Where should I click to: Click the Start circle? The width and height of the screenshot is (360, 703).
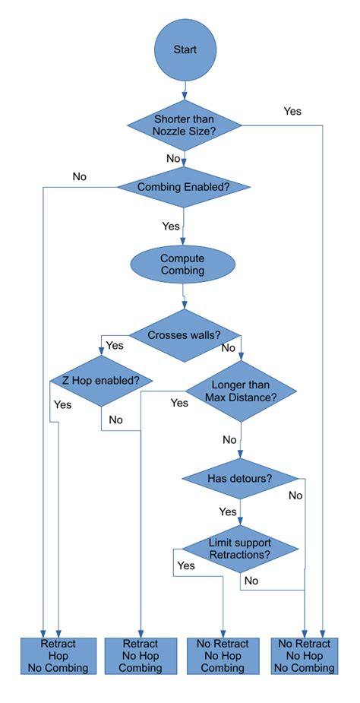pyautogui.click(x=185, y=49)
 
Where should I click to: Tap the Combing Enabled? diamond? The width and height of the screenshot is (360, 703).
pyautogui.click(x=185, y=186)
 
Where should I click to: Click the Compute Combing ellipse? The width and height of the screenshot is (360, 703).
pyautogui.click(x=184, y=264)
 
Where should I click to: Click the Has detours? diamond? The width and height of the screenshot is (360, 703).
pyautogui.click(x=240, y=478)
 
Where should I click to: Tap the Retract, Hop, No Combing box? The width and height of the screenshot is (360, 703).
pyautogui.click(x=59, y=656)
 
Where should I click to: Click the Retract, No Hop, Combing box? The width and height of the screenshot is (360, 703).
pyautogui.click(x=141, y=656)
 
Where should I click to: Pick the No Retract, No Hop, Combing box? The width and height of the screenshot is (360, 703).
pyautogui.click(x=223, y=656)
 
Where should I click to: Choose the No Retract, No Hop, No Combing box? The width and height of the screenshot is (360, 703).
pyautogui.click(x=305, y=656)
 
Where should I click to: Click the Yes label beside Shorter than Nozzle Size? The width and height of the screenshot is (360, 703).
pyautogui.click(x=292, y=111)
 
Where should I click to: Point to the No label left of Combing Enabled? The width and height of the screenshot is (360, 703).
pyautogui.click(x=80, y=176)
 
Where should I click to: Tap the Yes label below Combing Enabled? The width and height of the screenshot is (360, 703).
pyautogui.click(x=171, y=226)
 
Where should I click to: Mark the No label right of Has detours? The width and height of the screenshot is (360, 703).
pyautogui.click(x=295, y=495)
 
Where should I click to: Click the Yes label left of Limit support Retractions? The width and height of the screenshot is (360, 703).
pyautogui.click(x=186, y=565)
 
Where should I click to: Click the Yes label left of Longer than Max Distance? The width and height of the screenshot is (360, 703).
pyautogui.click(x=179, y=402)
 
